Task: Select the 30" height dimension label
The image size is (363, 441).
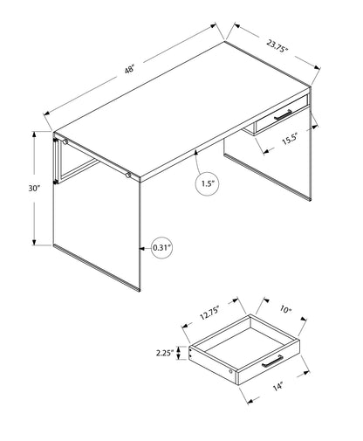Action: coord(17,189)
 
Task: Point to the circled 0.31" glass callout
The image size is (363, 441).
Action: coord(161,248)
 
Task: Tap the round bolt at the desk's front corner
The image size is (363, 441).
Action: coord(128,176)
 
